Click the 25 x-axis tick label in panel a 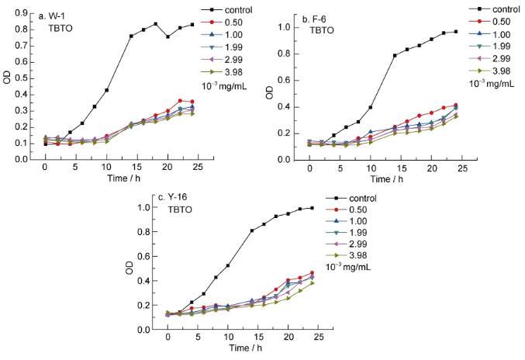(x=197, y=168)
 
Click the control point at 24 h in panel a (x=192, y=24)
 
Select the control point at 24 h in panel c (x=311, y=208)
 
